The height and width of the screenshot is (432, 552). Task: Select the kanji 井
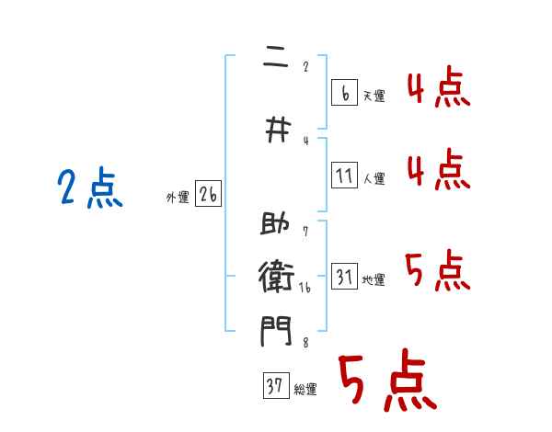point(275,130)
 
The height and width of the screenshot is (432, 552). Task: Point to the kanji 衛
point(274,276)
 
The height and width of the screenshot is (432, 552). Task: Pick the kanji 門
point(274,329)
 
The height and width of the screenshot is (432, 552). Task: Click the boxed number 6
point(344,92)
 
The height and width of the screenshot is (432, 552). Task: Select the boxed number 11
point(344,176)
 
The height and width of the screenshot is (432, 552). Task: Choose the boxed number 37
point(274,386)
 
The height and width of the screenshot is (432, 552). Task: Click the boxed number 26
point(208,195)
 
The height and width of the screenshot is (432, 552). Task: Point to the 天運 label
point(374,96)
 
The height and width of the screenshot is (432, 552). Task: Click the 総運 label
point(305,390)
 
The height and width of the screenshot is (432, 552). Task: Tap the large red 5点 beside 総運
point(386,381)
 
